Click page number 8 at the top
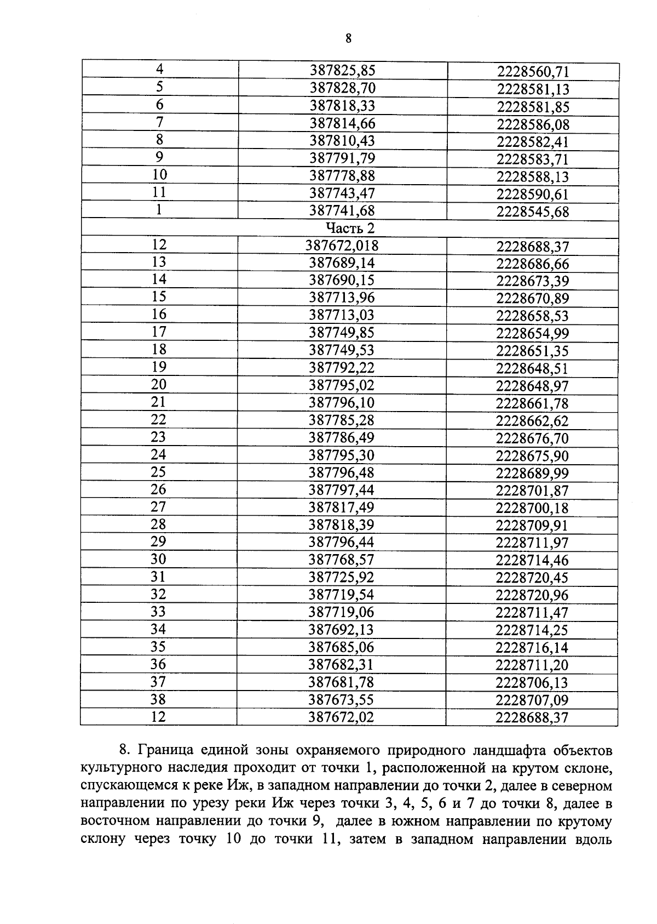pos(348,38)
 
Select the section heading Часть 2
pos(350,228)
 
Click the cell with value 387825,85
pos(343,70)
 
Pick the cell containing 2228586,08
pos(533,124)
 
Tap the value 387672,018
pos(342,246)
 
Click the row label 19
pos(158,367)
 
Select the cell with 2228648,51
pos(532,368)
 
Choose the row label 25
pos(158,472)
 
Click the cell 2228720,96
pos(532,595)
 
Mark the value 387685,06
pos(341,648)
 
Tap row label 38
pos(158,699)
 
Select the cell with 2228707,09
pos(532,700)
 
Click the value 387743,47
pos(342,193)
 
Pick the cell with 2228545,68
pos(533,212)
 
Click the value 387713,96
pos(342,298)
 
